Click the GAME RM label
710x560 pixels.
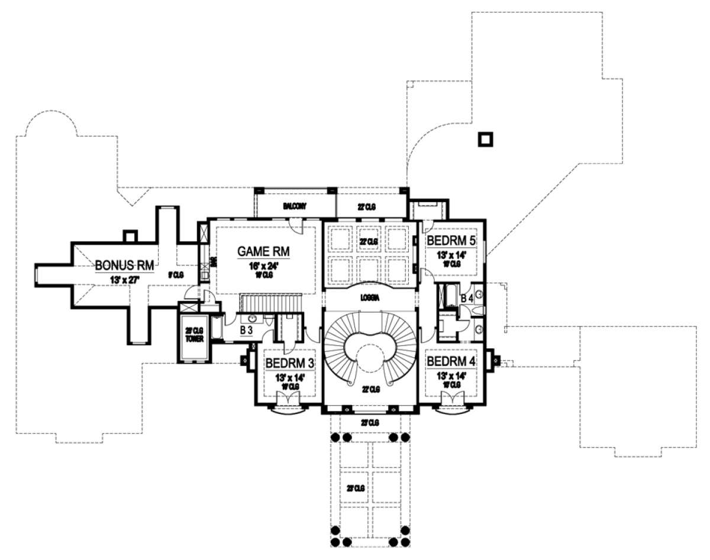(263, 252)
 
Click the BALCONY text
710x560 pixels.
(294, 206)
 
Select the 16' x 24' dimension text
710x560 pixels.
(263, 266)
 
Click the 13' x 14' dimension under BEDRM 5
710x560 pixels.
(451, 255)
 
